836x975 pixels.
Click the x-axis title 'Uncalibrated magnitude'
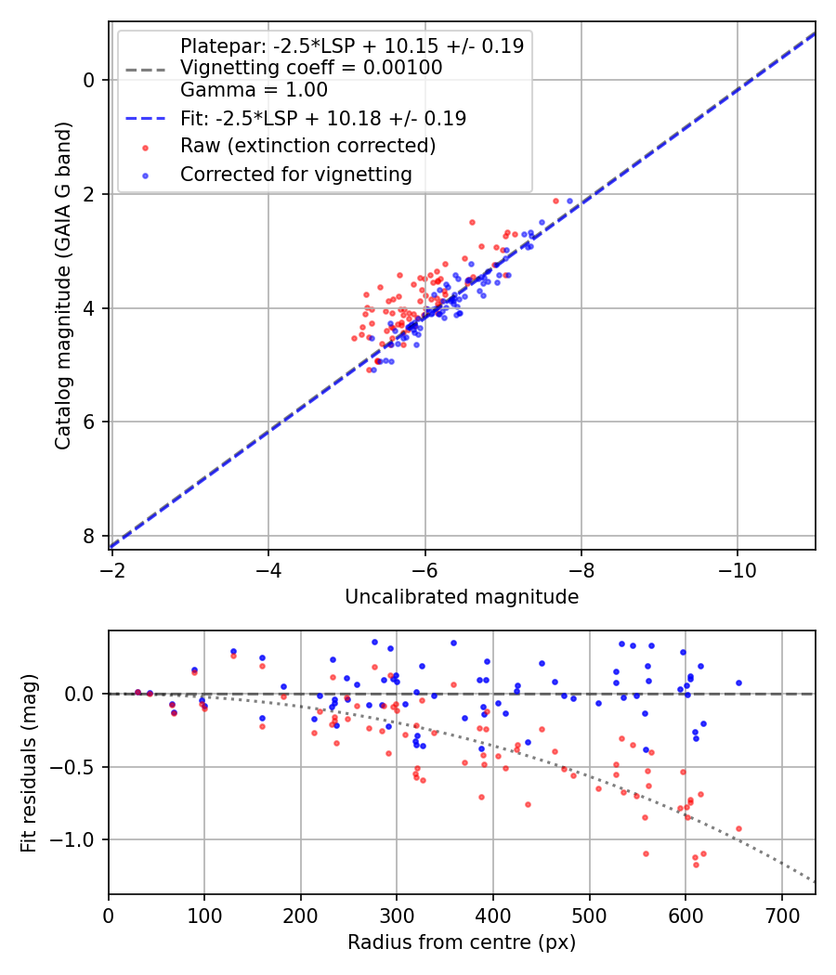[x=462, y=597]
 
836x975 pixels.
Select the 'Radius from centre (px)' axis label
[x=462, y=942]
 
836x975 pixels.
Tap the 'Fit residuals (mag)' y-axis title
[x=29, y=762]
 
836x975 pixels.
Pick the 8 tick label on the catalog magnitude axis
[x=89, y=537]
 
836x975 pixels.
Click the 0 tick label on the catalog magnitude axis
[x=89, y=80]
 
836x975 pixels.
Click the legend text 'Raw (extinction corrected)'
[x=307, y=146]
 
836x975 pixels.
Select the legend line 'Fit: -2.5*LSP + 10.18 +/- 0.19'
[x=323, y=118]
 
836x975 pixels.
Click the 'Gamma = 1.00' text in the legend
[x=254, y=90]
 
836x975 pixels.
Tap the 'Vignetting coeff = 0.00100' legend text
[x=311, y=68]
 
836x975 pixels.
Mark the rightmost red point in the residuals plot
[x=738, y=828]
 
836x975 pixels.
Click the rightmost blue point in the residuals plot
[x=738, y=682]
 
